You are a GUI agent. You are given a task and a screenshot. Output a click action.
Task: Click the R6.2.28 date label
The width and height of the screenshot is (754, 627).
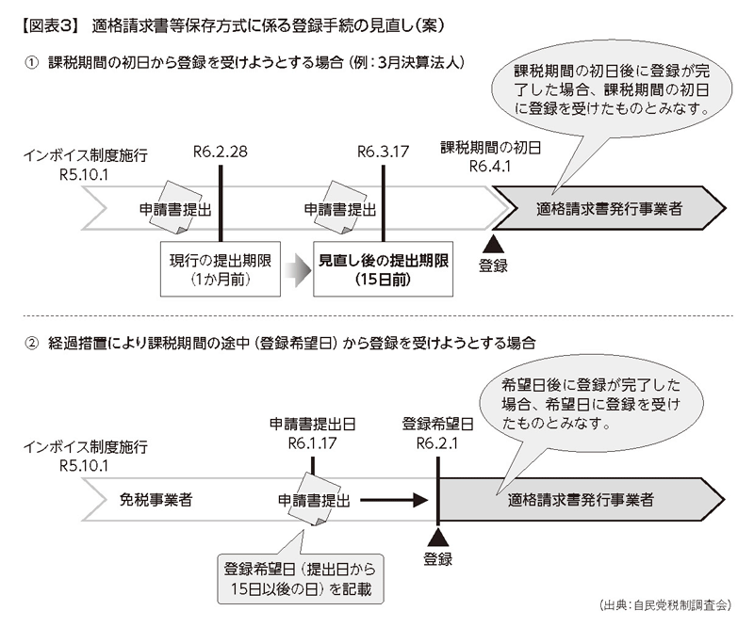pyautogui.click(x=220, y=153)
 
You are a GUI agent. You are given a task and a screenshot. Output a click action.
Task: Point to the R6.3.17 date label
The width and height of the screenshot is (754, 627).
pyautogui.click(x=384, y=153)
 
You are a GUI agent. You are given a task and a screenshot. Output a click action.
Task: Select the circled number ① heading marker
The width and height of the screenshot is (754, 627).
pyautogui.click(x=31, y=62)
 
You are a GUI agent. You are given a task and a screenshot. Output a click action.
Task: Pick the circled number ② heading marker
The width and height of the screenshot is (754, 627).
pyautogui.click(x=31, y=344)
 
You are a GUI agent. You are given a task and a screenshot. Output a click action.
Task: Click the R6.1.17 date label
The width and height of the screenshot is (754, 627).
pyautogui.click(x=314, y=443)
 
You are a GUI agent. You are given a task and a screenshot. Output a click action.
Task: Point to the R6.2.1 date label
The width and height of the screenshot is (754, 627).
pyautogui.click(x=436, y=443)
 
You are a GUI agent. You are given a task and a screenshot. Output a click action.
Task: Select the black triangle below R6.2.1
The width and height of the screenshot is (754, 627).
pyautogui.click(x=438, y=538)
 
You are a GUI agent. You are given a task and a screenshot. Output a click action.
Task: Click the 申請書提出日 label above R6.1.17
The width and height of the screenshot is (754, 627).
pyautogui.click(x=313, y=424)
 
